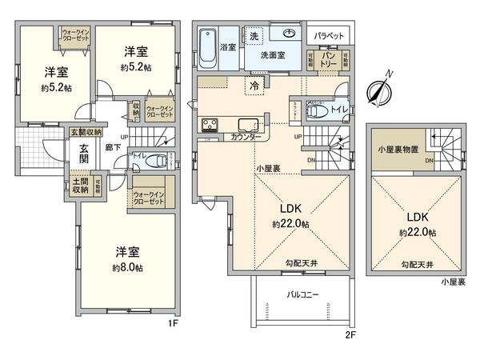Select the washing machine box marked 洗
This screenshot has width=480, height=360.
[253, 38]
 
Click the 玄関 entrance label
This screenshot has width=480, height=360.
[83, 155]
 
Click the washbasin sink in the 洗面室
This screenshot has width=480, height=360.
[286, 34]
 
